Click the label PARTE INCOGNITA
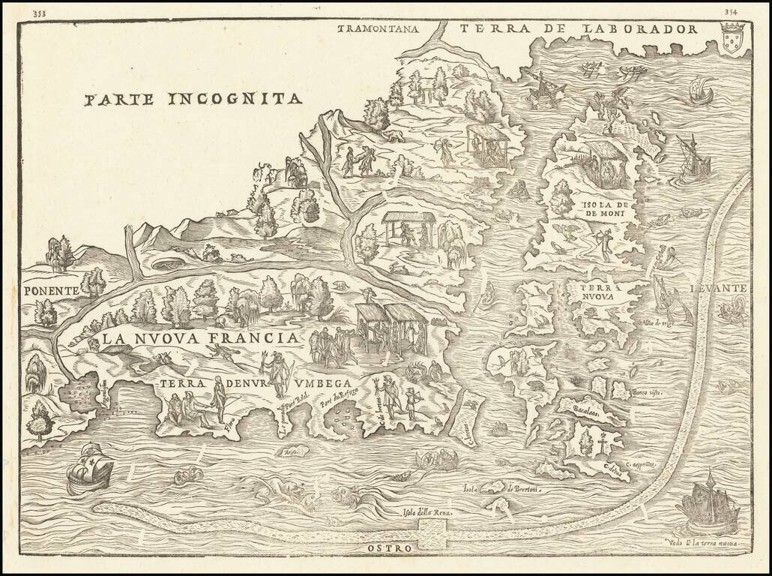point(193,99)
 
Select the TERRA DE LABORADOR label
point(579,29)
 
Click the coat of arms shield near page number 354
point(732,37)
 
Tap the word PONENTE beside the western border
point(50,290)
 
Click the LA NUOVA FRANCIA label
point(201,338)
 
